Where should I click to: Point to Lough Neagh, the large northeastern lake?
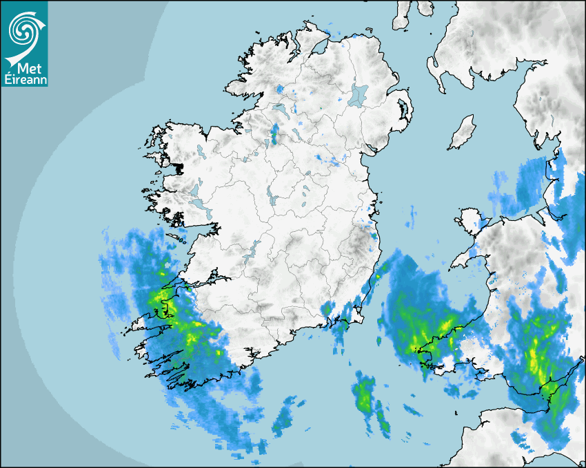tap(359, 94)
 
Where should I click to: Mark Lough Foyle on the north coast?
tap(319, 50)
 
